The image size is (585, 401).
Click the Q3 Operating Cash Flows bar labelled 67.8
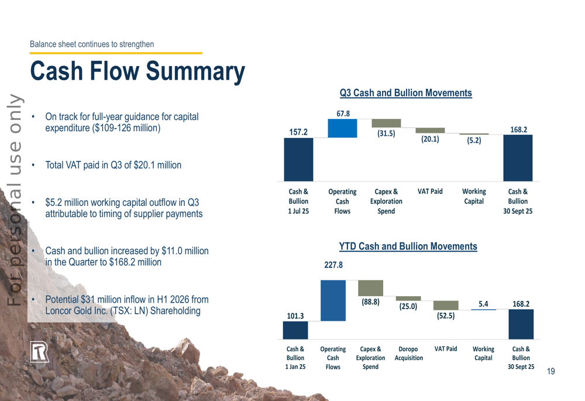coord(342,128)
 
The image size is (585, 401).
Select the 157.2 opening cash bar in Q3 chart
coord(298,159)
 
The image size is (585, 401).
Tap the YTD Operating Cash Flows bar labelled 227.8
coord(333,300)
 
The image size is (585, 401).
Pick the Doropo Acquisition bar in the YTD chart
coord(408,299)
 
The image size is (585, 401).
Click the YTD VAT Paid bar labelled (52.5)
coord(446,305)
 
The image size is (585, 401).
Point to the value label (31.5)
coord(386,133)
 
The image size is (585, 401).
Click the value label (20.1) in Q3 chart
coord(430,139)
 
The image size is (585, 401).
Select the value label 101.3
coord(295,316)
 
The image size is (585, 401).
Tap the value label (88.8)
coord(370,302)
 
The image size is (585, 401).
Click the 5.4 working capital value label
coord(483,304)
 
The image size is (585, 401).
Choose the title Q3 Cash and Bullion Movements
coord(405,93)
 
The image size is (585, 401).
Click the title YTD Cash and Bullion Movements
coord(408,246)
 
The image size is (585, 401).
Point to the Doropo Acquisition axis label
coord(408,353)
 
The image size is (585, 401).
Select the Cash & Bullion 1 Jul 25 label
coord(298,201)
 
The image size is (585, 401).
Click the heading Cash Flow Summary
coord(137,71)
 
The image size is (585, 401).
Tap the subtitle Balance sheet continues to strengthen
coord(92,44)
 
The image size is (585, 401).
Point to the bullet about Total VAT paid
coord(113,165)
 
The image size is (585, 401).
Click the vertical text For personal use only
coord(14,199)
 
